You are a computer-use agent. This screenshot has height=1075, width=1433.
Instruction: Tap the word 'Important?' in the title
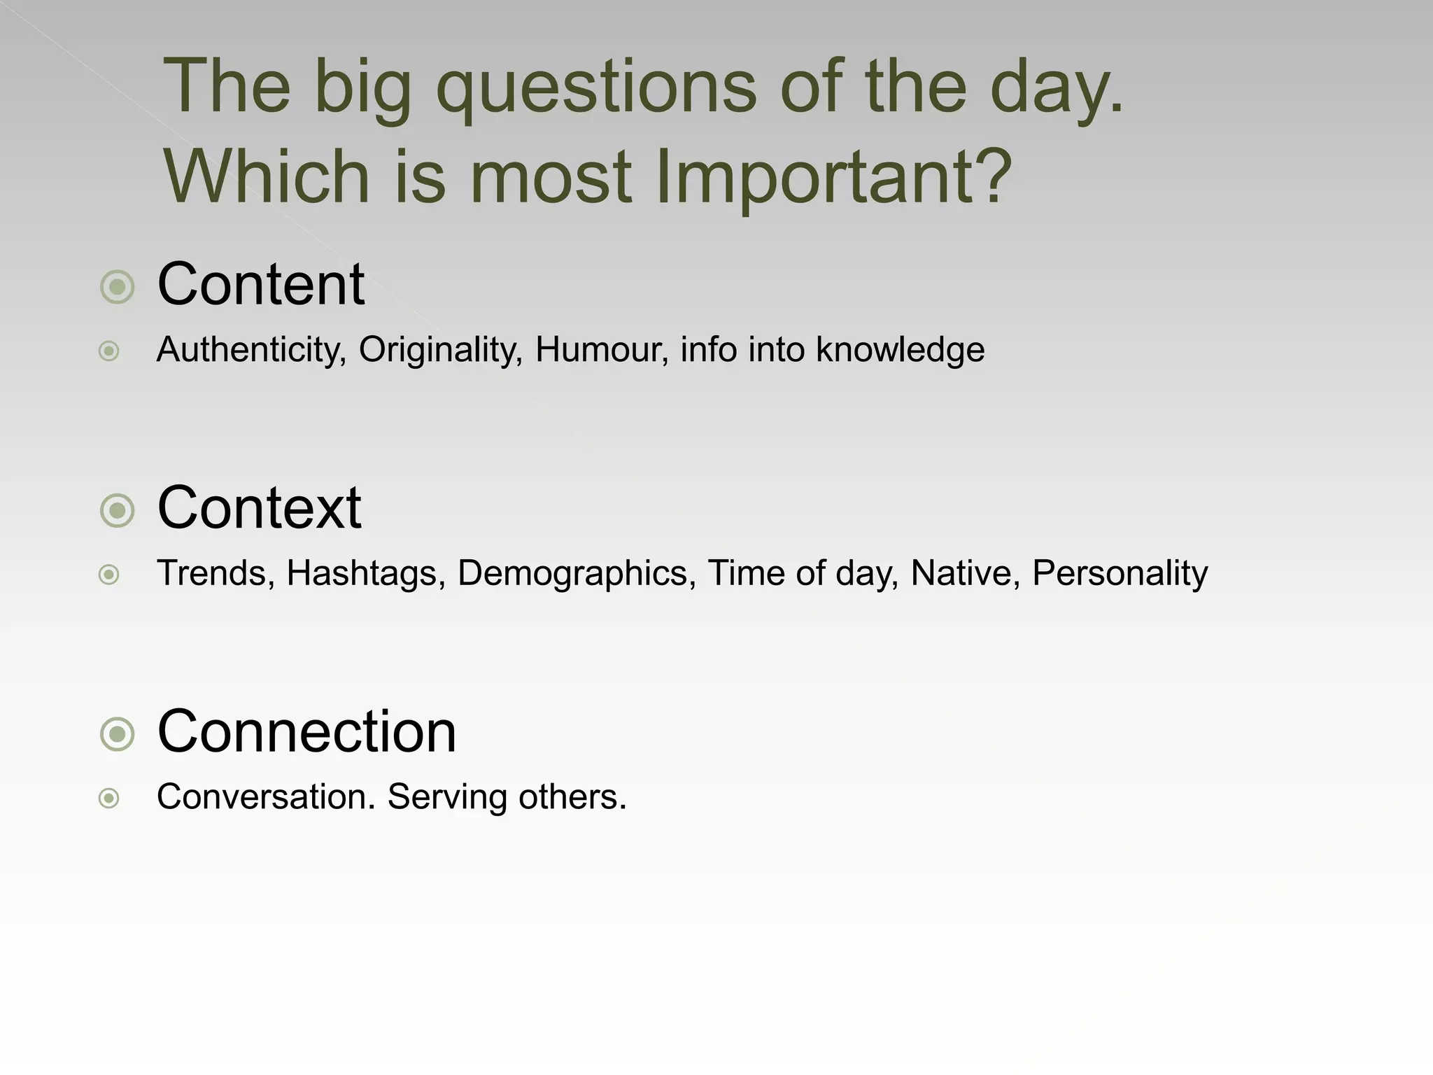(833, 176)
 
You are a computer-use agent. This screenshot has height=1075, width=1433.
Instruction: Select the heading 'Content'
(260, 284)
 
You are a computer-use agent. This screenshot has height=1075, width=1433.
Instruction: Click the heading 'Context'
(259, 507)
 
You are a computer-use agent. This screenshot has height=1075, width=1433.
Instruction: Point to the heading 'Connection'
(306, 731)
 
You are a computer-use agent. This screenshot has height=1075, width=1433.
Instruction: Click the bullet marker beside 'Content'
(117, 287)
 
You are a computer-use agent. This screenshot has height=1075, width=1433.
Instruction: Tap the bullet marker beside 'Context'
(117, 510)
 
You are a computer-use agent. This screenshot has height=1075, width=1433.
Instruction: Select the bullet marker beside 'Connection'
(117, 734)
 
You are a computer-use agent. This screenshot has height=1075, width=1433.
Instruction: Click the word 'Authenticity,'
(251, 350)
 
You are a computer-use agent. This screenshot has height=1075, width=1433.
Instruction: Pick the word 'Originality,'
(441, 350)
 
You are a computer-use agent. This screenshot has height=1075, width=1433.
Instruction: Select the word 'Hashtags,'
(366, 574)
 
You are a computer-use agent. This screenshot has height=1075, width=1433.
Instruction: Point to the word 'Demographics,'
(577, 574)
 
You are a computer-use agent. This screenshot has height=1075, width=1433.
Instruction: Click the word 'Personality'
(1120, 574)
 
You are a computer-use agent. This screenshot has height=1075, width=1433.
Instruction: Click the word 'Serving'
(447, 797)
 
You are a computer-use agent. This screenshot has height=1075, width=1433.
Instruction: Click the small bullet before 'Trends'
(108, 575)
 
